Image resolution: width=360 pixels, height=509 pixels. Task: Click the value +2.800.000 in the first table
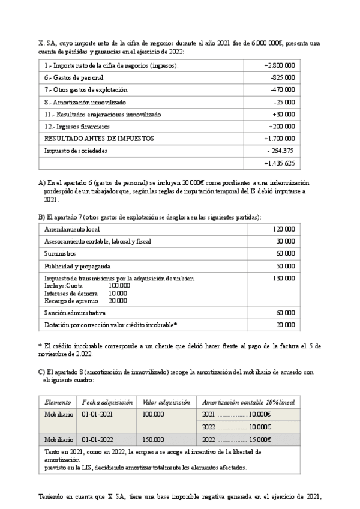click(x=279, y=65)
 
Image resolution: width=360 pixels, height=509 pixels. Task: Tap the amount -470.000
click(x=283, y=89)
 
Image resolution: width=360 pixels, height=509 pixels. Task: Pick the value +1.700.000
click(x=279, y=139)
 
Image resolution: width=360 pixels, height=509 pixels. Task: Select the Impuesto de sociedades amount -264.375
click(x=281, y=151)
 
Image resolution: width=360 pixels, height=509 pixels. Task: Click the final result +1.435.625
click(x=279, y=163)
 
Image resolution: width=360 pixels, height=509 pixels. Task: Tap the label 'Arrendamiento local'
click(x=72, y=229)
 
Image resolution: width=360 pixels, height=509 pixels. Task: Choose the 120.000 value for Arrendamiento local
click(x=284, y=229)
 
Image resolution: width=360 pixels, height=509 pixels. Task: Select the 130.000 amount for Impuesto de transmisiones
click(x=284, y=278)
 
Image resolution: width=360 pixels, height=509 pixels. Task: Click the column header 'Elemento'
click(x=58, y=402)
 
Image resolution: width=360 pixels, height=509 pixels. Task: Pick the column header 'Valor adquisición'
click(x=166, y=402)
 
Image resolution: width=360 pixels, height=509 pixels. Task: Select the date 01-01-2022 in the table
click(x=98, y=439)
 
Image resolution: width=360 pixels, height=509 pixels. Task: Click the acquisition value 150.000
click(x=153, y=439)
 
